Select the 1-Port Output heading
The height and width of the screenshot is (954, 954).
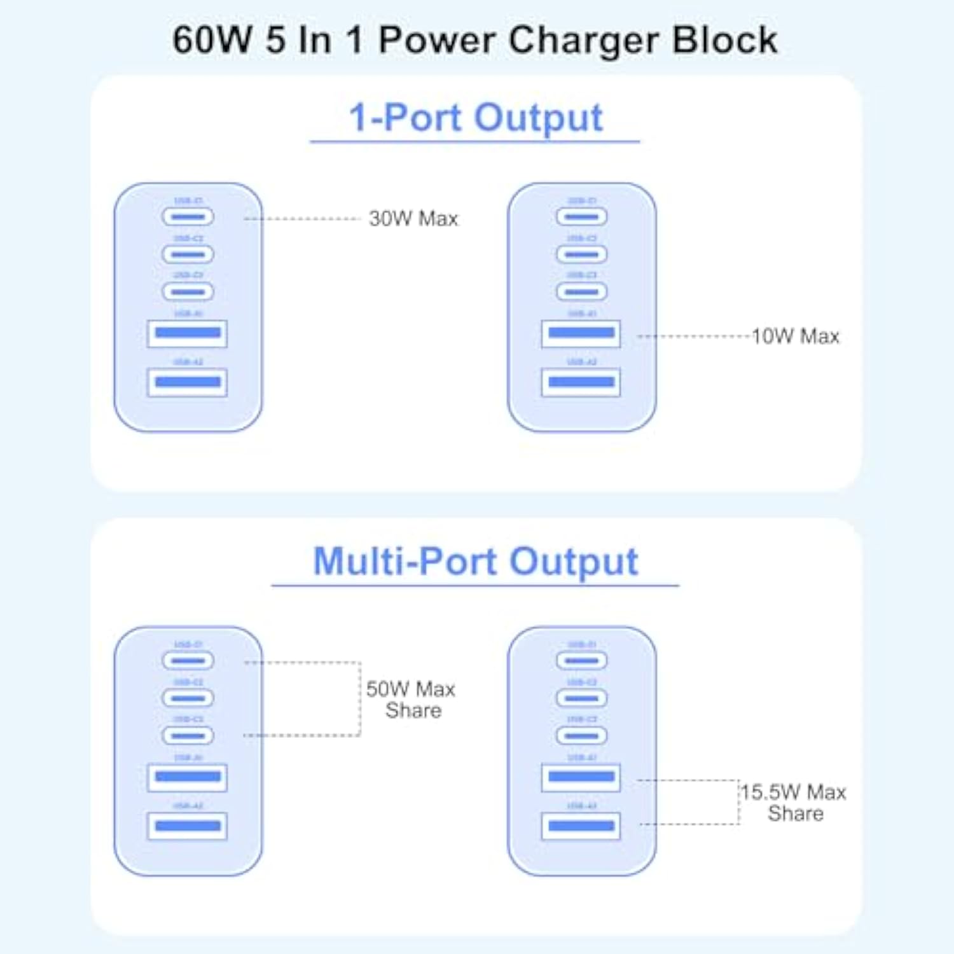pos(475,118)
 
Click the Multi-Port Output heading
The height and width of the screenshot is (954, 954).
pos(475,562)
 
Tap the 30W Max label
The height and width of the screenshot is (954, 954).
pos(413,219)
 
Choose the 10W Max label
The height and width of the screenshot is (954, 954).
pos(795,336)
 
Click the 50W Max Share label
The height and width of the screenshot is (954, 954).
pos(411,700)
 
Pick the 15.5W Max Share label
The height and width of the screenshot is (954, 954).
pos(794,803)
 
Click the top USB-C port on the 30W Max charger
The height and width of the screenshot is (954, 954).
pos(188,217)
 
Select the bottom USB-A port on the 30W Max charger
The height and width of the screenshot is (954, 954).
pos(187,382)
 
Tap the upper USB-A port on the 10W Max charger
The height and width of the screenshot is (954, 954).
pos(581,333)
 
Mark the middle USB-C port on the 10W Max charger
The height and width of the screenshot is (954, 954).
pos(581,254)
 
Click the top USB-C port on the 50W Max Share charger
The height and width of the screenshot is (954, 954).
pos(188,661)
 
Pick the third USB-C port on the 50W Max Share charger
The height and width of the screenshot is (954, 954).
pos(188,736)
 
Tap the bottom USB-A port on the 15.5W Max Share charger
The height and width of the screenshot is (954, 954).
pos(581,826)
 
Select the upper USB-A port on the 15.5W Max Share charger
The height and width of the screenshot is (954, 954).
pos(581,777)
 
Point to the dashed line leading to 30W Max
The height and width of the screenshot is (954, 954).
pos(302,219)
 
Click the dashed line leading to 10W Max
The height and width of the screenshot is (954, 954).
pos(693,336)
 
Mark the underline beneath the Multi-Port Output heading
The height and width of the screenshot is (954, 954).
pos(475,585)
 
